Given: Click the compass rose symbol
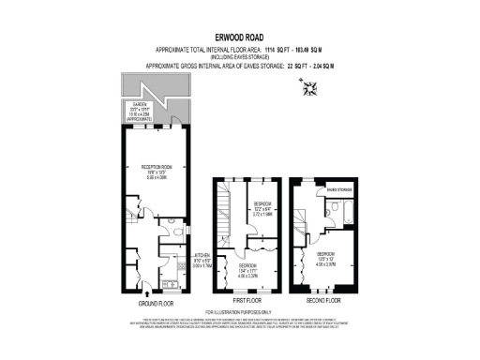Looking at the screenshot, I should coord(312,89).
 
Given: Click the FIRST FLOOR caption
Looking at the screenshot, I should coord(246,302).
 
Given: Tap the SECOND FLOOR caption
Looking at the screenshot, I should coord(322,302).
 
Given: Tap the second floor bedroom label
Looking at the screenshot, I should coord(326,255).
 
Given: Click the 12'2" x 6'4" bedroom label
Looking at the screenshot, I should coord(262,206).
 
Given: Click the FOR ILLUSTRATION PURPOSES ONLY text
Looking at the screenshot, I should coord(238,312).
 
